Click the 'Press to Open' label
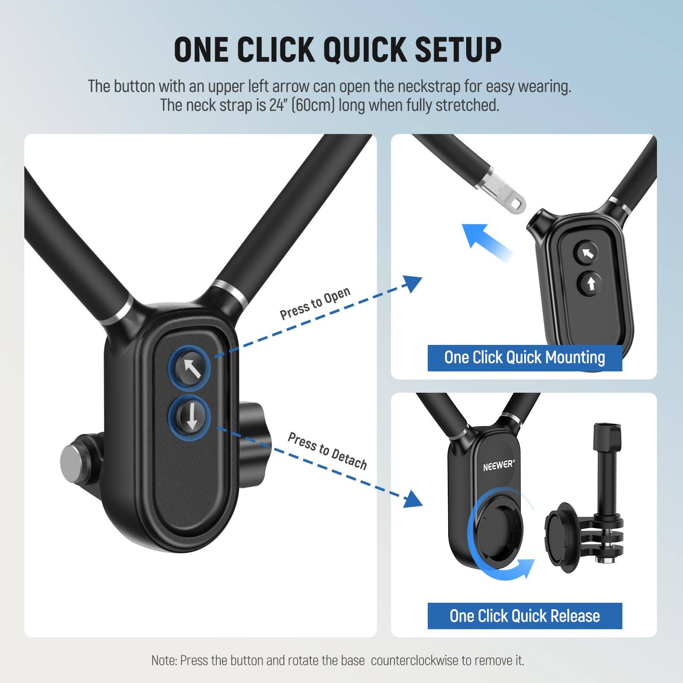315,304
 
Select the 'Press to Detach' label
327,451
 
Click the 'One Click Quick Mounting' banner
525,358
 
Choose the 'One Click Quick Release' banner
525,616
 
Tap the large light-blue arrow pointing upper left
485,241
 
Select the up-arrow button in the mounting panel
591,283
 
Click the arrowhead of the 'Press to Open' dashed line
412,283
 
